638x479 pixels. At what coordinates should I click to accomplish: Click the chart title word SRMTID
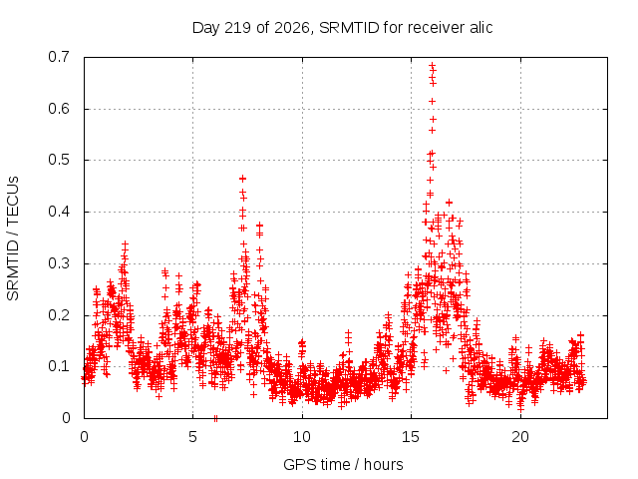coord(349,28)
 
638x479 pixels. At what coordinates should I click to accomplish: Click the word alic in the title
coord(480,28)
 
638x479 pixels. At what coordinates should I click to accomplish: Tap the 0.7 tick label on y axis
coord(59,57)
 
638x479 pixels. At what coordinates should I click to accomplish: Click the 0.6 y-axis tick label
coord(59,109)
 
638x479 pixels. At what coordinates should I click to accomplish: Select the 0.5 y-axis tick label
coord(59,160)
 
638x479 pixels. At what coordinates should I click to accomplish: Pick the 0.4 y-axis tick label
coord(59,212)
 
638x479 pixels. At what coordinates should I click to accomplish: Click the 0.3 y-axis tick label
coord(59,263)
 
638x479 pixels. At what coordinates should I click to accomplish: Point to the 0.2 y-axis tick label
coord(59,315)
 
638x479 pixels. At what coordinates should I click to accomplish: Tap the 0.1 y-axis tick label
coord(59,366)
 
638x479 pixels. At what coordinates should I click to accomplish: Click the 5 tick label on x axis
coord(192,437)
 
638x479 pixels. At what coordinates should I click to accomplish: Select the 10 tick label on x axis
coord(302,437)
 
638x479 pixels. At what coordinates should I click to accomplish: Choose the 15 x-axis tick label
coord(411,437)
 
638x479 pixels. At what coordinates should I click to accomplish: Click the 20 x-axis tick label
coord(520,437)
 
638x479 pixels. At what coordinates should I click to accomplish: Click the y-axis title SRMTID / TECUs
coord(13,239)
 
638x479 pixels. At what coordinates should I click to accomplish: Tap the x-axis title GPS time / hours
coord(343,465)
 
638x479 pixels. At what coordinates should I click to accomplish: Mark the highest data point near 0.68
coord(432,64)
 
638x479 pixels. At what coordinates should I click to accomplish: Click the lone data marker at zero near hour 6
coord(215,418)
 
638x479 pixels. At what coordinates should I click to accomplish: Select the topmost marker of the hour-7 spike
coord(243,179)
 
